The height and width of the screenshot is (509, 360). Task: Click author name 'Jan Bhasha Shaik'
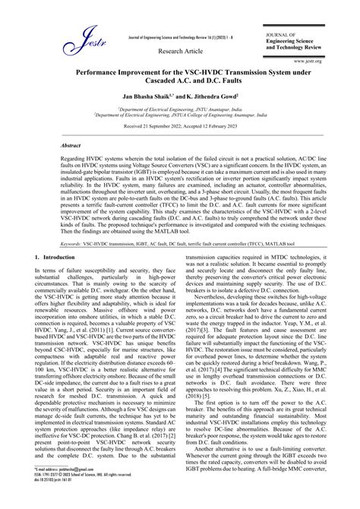coord(140,98)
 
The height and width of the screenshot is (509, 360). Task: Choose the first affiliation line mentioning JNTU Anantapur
coord(180,109)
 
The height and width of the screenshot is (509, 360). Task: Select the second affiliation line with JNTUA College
coord(180,116)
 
